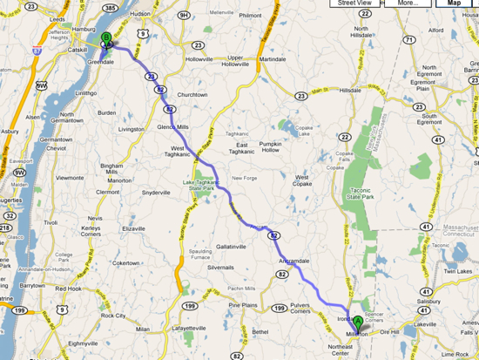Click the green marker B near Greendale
tap(106, 38)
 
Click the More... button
tap(408, 3)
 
